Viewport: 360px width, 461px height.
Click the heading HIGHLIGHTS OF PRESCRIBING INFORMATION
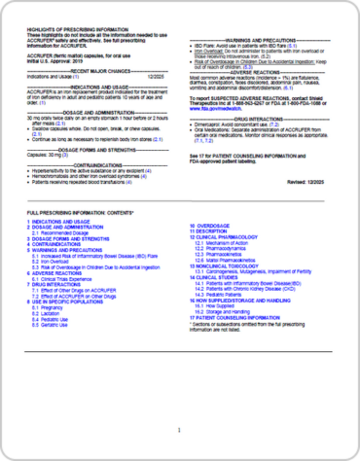[69, 31]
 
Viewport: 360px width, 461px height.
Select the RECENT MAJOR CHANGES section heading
[94, 71]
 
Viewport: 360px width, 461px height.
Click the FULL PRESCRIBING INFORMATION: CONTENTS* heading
[81, 238]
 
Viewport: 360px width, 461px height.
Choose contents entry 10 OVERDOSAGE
[213, 250]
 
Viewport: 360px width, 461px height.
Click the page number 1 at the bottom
[179, 430]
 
